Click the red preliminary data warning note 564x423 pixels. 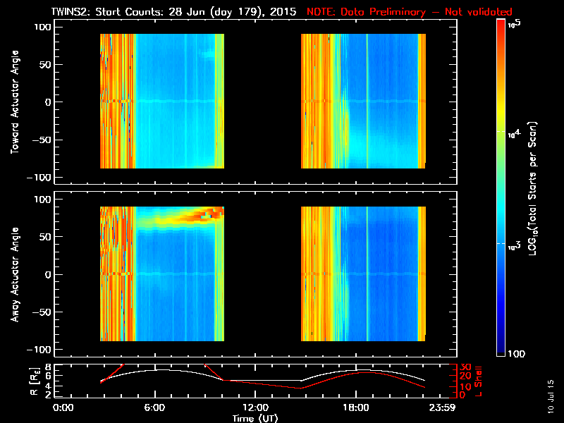(x=410, y=12)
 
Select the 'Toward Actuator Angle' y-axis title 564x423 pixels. (x=13, y=102)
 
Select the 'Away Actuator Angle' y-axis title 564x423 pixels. (x=13, y=274)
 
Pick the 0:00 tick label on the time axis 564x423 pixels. (x=63, y=408)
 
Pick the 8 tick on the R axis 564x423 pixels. (x=47, y=367)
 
